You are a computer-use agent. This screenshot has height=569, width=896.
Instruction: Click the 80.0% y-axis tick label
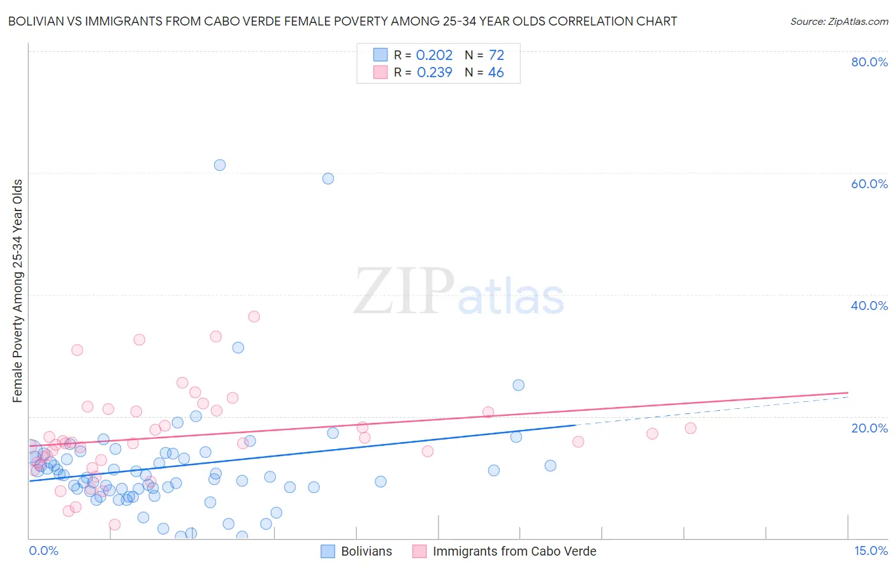[869, 62]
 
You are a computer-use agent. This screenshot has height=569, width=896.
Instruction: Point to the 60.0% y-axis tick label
[869, 184]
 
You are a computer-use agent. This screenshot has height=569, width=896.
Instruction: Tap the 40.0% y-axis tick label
[869, 306]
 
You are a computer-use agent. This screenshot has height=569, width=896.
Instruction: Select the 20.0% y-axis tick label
[869, 427]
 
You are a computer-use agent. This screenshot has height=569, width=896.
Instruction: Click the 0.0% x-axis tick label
[43, 551]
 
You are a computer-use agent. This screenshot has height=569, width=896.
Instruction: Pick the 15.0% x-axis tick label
[871, 551]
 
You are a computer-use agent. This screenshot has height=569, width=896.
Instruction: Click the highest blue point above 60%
[220, 165]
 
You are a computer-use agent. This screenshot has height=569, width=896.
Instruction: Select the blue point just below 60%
[328, 179]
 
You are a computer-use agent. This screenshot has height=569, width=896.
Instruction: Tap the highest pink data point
[254, 316]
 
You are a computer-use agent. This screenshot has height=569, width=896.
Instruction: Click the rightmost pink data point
[691, 428]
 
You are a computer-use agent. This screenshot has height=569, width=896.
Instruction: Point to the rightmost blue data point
[551, 466]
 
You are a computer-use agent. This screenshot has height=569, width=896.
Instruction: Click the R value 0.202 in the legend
[434, 55]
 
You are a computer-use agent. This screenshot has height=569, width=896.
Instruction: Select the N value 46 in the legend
[496, 73]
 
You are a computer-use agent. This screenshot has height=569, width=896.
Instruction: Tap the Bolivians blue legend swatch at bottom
[328, 551]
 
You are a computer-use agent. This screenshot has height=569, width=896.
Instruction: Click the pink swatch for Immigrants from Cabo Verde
[419, 551]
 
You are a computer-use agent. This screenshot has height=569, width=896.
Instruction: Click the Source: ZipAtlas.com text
[839, 22]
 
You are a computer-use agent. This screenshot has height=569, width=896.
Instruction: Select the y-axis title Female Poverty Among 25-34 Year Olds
[18, 291]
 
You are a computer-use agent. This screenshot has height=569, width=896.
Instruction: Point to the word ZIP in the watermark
[403, 292]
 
